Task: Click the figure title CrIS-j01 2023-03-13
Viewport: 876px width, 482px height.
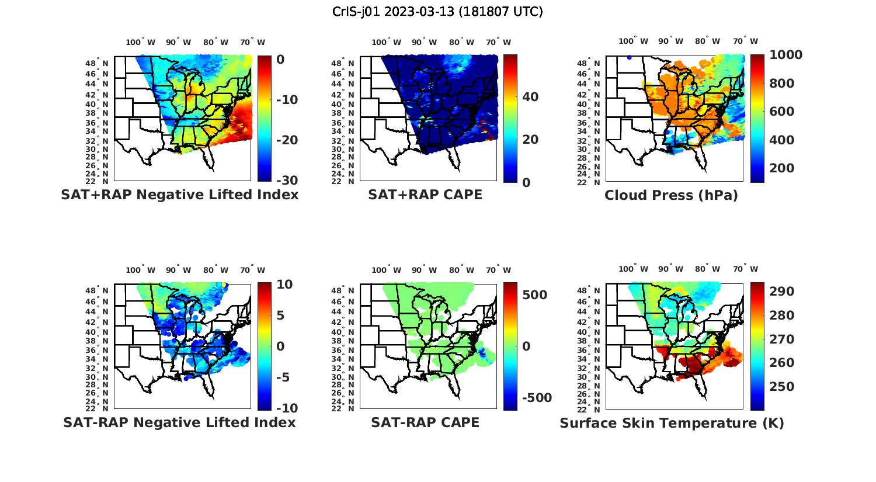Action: click(437, 12)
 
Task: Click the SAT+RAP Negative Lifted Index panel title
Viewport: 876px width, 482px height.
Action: click(179, 195)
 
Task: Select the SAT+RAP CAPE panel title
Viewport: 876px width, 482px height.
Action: click(425, 195)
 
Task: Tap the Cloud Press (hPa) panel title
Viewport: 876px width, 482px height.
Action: click(671, 195)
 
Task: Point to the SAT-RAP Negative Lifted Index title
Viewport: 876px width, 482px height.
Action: click(179, 422)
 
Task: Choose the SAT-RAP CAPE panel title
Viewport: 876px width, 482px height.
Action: click(425, 422)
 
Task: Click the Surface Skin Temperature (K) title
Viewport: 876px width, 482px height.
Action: click(672, 423)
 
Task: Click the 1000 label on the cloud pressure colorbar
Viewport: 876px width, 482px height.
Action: click(785, 55)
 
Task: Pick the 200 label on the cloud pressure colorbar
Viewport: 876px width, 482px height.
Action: click(782, 168)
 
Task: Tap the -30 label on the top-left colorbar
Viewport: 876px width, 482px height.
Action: click(286, 181)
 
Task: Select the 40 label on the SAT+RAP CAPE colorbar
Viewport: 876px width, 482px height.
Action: click(530, 97)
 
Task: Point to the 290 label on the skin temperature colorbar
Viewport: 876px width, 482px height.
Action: click(782, 292)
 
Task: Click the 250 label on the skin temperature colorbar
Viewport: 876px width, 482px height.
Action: click(782, 387)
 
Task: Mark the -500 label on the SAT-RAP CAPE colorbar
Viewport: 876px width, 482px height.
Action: click(536, 398)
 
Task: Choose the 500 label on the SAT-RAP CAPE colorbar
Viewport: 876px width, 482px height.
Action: click(535, 295)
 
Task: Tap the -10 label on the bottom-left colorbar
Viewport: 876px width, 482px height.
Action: click(286, 408)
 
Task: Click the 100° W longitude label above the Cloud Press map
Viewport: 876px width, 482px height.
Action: click(633, 41)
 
